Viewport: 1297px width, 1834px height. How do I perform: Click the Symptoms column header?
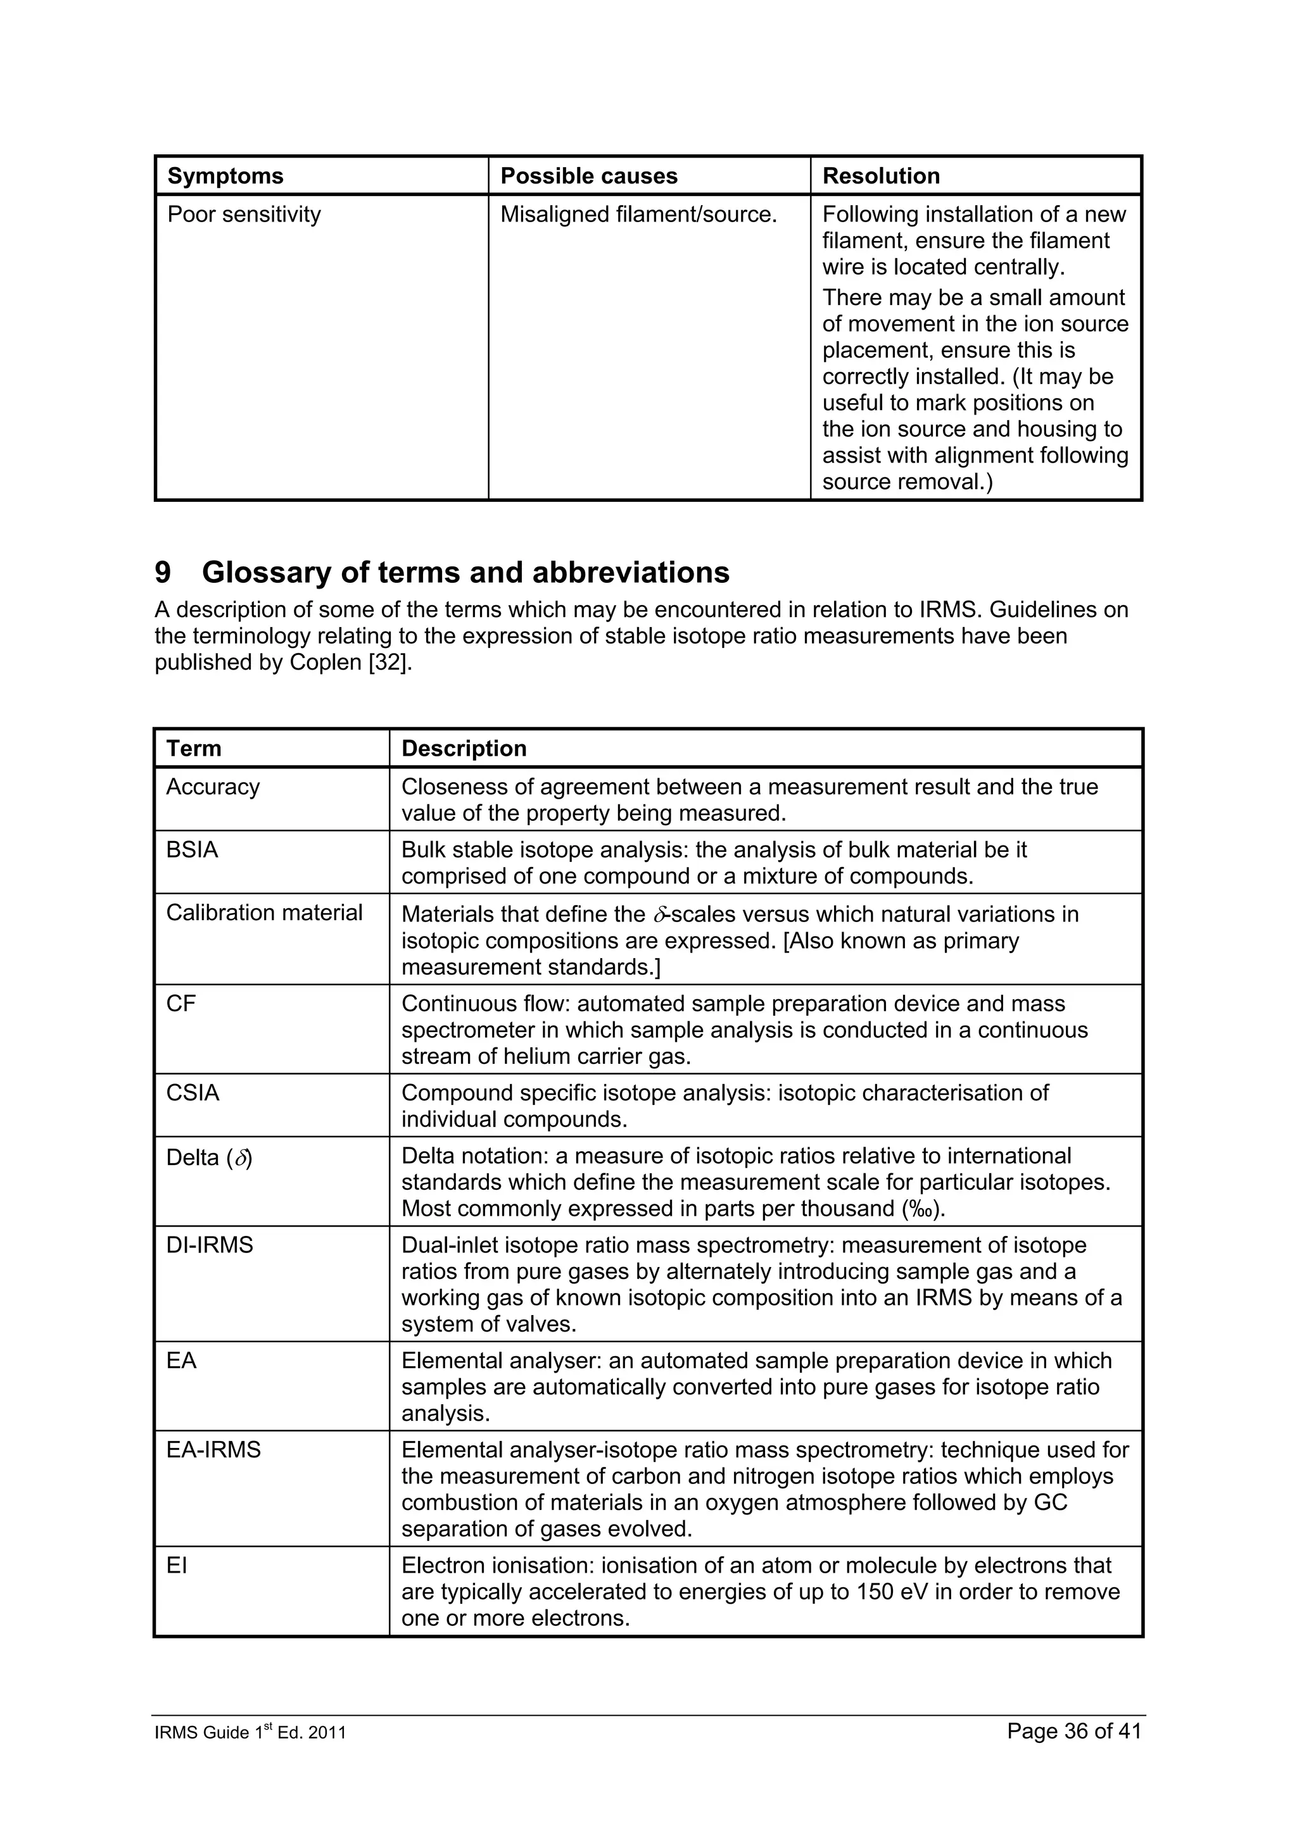pyautogui.click(x=225, y=176)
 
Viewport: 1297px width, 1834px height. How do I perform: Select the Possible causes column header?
pyautogui.click(x=588, y=176)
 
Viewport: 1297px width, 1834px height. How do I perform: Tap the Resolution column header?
pyautogui.click(x=881, y=176)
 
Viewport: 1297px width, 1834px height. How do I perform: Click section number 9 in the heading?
pyautogui.click(x=163, y=573)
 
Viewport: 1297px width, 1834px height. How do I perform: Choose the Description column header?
pyautogui.click(x=464, y=749)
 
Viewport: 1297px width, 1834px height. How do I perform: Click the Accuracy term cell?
pyautogui.click(x=213, y=787)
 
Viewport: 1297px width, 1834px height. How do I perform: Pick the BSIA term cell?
pyautogui.click(x=192, y=850)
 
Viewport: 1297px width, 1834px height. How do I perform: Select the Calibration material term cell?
pyautogui.click(x=263, y=913)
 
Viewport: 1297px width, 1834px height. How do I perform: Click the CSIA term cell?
pyautogui.click(x=192, y=1093)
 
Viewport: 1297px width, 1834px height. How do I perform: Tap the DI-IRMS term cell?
pyautogui.click(x=210, y=1245)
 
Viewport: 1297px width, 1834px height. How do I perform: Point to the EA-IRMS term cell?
pyautogui.click(x=213, y=1450)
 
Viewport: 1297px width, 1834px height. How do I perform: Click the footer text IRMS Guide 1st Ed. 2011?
pyautogui.click(x=250, y=1733)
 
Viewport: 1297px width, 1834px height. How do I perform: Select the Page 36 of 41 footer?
pyautogui.click(x=1073, y=1731)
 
